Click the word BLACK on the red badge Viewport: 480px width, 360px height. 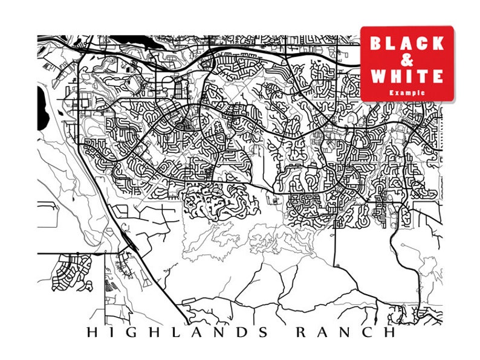tap(407, 43)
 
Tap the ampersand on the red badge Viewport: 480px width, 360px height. tap(407, 60)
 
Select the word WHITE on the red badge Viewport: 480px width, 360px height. tap(407, 77)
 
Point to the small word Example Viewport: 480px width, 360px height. tap(407, 92)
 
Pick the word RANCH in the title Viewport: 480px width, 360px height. tap(345, 333)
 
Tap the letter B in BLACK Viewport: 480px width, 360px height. tap(376, 43)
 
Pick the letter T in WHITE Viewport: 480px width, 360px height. tap(422, 77)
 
